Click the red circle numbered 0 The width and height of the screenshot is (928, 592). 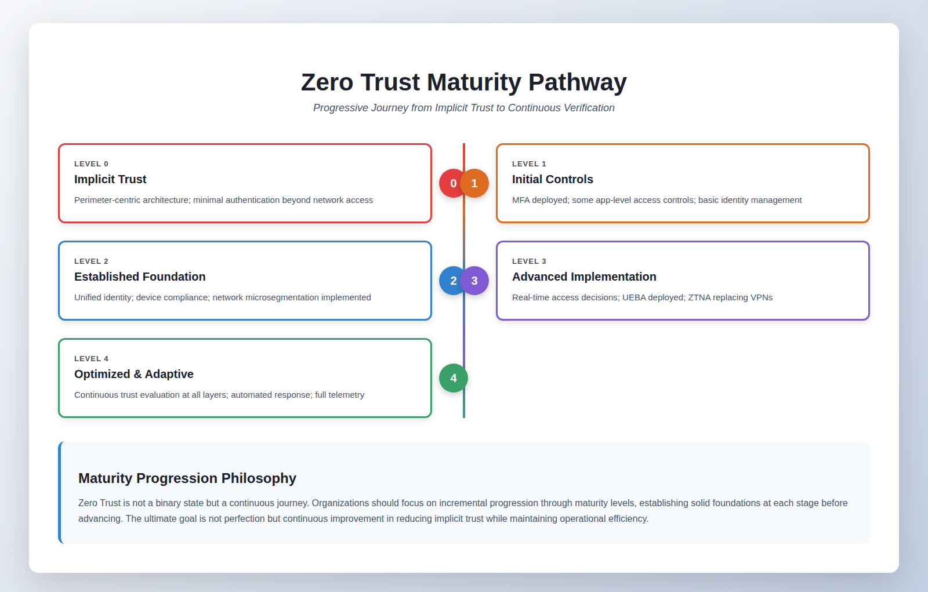tap(449, 183)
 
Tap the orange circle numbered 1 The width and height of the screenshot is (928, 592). tap(475, 183)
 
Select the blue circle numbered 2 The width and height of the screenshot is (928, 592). tap(449, 281)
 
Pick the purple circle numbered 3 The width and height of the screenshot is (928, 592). tap(475, 281)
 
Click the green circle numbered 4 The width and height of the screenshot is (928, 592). tap(454, 378)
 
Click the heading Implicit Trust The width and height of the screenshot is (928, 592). tap(110, 179)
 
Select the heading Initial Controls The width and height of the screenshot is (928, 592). tap(552, 179)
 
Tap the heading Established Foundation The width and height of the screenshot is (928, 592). tap(140, 277)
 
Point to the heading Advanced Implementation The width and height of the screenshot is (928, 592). tap(584, 277)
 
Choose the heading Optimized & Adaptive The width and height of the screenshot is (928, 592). tap(134, 374)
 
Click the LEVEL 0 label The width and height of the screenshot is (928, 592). tap(91, 164)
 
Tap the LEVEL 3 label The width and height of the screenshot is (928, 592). tap(529, 262)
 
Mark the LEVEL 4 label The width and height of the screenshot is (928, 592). tap(91, 359)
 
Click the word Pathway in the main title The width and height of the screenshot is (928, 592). tap(577, 82)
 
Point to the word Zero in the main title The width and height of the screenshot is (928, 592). tap(327, 82)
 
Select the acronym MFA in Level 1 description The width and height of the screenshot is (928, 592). tap(521, 200)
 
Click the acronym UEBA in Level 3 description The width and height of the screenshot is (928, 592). tap(634, 297)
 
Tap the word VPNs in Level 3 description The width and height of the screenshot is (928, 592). tap(761, 297)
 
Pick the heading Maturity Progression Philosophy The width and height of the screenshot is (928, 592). tap(187, 478)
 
